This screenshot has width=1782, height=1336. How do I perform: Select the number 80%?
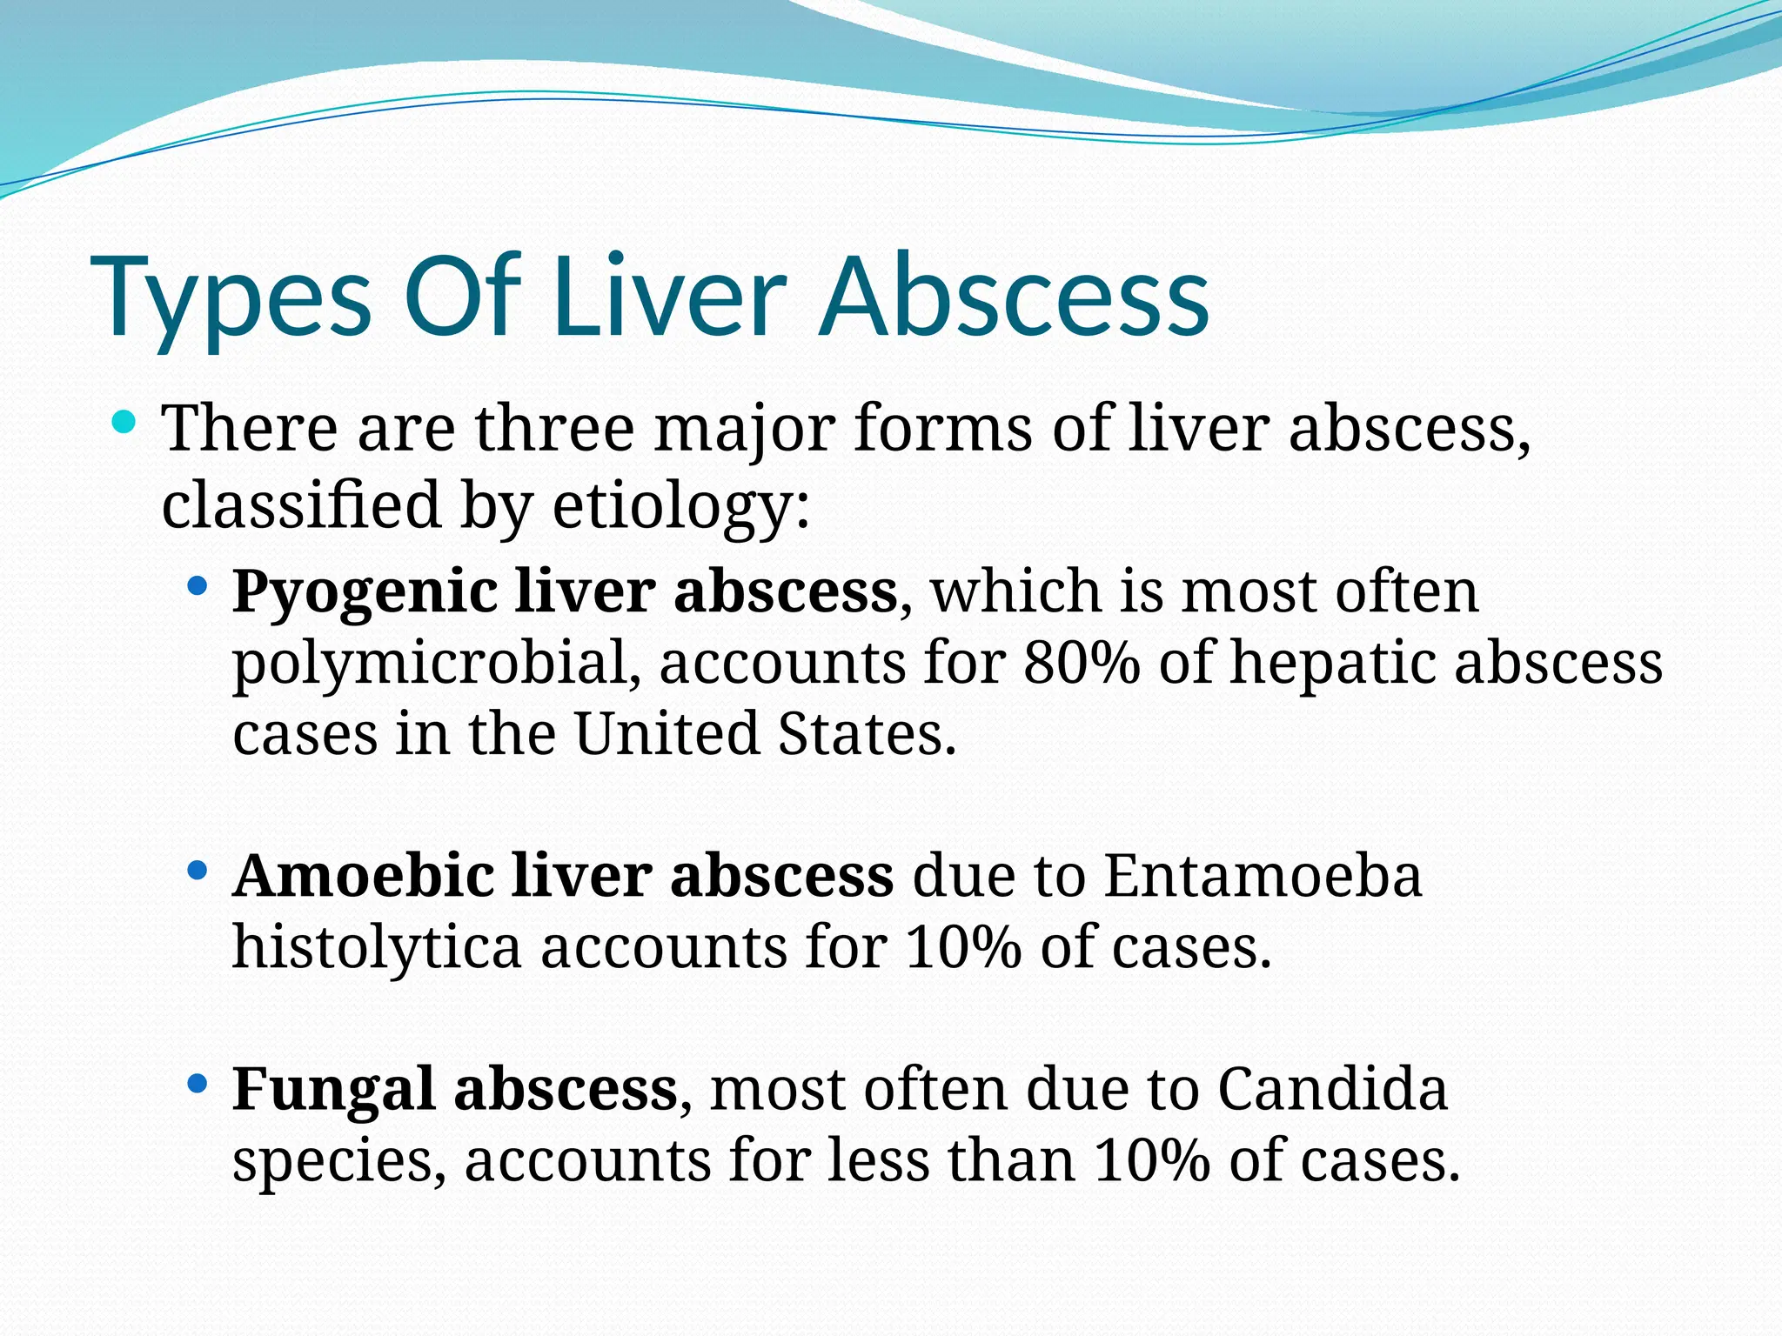tap(1081, 664)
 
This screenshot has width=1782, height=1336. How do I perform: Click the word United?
tap(666, 734)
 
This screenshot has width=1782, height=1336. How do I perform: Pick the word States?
tap(867, 734)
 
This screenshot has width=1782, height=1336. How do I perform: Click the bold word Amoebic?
tap(364, 876)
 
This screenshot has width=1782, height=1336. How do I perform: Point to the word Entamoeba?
tap(1263, 876)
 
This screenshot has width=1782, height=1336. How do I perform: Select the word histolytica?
tap(377, 947)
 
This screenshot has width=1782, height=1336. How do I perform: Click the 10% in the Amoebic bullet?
tap(961, 947)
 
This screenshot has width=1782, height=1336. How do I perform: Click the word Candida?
tap(1332, 1089)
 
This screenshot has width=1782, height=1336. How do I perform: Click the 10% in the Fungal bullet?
tap(1151, 1161)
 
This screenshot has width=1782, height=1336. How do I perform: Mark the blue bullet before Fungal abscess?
tap(198, 1084)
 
